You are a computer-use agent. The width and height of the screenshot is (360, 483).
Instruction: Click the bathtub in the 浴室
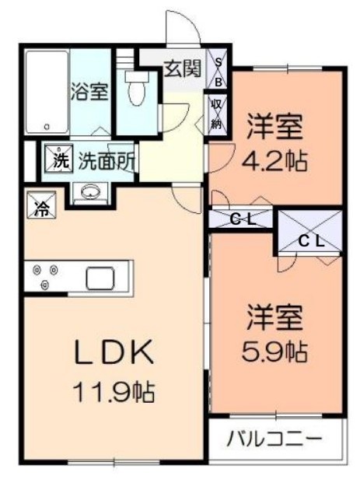pos(46,92)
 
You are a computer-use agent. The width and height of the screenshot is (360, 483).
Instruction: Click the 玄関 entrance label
pos(180,68)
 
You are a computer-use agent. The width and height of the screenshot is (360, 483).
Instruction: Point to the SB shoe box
pos(220,69)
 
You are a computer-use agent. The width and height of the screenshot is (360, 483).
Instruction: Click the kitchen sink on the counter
pos(100,276)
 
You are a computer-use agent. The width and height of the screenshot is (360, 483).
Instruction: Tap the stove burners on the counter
pos(45,277)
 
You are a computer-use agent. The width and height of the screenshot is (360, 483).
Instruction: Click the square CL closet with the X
pos(310,231)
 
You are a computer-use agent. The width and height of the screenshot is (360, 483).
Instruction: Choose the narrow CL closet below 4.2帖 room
pos(242,219)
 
